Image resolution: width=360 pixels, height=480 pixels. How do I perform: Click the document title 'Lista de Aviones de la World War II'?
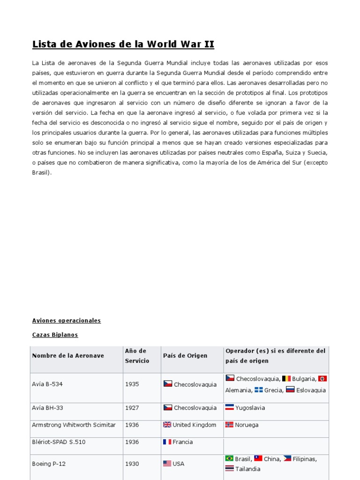pos(123,45)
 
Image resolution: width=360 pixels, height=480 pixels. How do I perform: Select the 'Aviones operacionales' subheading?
pos(67,321)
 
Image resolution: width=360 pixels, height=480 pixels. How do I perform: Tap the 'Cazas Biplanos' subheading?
pos(55,335)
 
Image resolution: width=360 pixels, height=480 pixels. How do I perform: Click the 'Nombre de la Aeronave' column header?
pos(68,356)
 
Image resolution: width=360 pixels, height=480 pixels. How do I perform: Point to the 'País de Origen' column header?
pos(185,356)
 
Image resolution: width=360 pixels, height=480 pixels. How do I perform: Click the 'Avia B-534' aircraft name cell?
pos(47,384)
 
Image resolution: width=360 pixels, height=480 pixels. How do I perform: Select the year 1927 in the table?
pos(132,408)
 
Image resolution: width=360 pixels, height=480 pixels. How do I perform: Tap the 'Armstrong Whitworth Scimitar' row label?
pos(74,425)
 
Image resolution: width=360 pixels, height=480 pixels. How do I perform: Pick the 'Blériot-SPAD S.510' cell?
pos(59,442)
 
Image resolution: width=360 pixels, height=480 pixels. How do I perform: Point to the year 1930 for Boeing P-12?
pos(132,464)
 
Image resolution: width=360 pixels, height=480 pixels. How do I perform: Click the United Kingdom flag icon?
pos(167,425)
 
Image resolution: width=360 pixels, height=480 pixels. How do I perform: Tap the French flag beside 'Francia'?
pos(167,442)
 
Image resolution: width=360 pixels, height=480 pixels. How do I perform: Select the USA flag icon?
pos(167,464)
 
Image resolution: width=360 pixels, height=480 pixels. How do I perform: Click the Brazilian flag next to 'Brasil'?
pos(229,458)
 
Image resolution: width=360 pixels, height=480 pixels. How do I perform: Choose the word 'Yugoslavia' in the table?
pos(250,408)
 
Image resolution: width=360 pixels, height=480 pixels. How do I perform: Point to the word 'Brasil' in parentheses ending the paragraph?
pos(41,172)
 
